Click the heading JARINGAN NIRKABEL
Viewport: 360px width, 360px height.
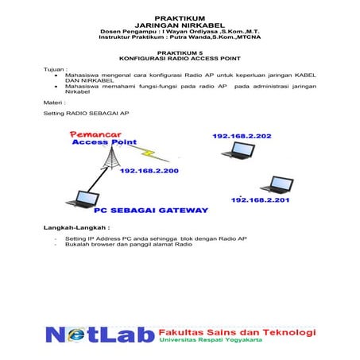179,24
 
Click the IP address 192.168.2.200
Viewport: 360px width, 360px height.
149,170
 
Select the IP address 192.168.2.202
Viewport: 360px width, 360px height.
242,137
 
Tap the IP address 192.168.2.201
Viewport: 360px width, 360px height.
261,200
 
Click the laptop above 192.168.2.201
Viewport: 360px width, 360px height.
278,184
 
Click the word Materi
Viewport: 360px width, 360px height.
54,103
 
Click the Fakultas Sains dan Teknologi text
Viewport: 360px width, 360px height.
237,331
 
